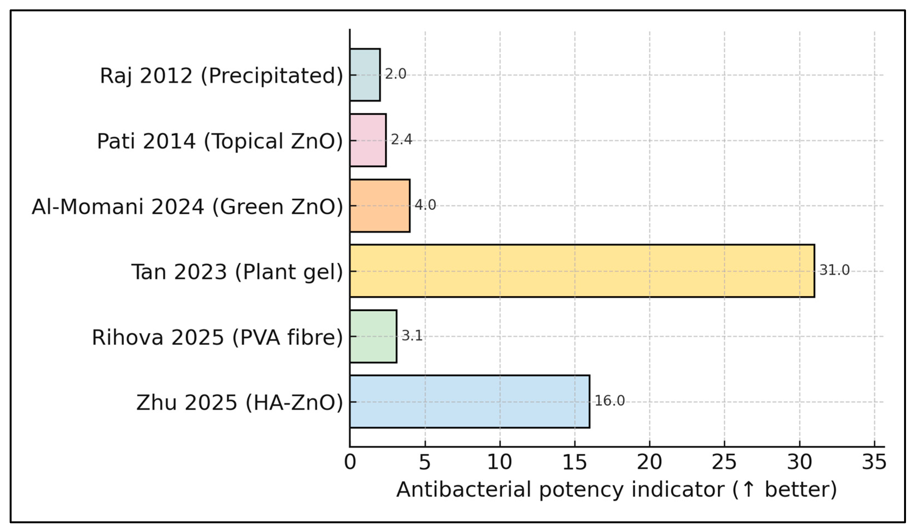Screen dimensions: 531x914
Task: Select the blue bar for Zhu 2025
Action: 469,401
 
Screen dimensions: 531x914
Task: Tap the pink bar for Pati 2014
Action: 368,140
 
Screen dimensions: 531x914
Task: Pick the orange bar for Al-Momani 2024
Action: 380,206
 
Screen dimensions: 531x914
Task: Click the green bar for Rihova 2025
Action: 373,336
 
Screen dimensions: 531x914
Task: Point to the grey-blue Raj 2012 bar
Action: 365,75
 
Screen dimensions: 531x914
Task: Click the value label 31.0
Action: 834,270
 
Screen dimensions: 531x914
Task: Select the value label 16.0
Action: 609,401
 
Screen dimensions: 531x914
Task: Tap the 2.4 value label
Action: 401,140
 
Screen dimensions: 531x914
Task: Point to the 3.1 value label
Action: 412,335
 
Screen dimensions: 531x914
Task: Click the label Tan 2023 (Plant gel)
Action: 237,272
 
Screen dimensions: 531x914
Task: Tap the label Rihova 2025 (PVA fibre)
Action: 217,337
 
